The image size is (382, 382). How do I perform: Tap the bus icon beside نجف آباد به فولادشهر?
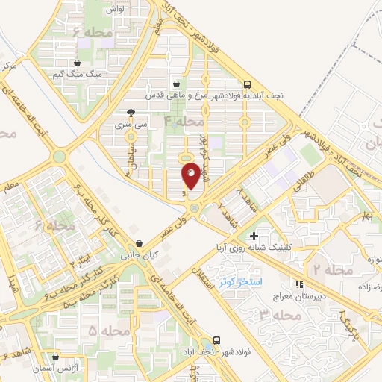point(247,84)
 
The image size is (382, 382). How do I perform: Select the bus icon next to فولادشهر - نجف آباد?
point(216,339)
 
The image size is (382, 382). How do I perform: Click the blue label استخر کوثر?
point(237,281)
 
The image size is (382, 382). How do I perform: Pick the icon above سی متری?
point(131,112)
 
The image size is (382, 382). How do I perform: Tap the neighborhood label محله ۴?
point(184,120)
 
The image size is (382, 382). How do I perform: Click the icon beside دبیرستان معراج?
point(300,284)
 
